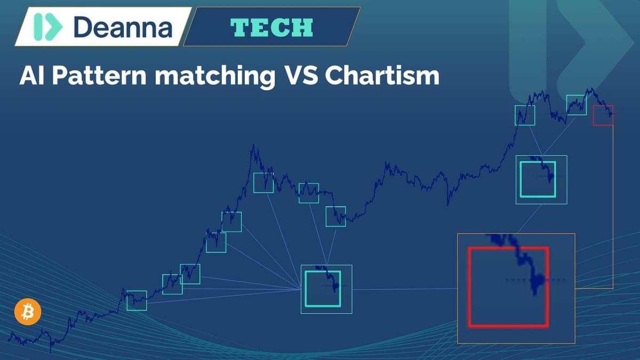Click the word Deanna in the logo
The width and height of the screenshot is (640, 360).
(123, 27)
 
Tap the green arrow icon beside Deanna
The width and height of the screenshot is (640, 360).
(48, 27)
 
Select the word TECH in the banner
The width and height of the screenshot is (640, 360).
(271, 27)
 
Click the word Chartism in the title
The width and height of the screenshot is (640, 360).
(382, 76)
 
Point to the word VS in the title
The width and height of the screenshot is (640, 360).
(302, 76)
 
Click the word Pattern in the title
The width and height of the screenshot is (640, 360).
(99, 76)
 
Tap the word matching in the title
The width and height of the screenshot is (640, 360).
(215, 77)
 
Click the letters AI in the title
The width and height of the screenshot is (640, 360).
(31, 76)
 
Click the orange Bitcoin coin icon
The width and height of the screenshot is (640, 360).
(28, 311)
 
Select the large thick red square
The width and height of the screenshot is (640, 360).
(469, 287)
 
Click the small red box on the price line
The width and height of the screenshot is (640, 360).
(594, 115)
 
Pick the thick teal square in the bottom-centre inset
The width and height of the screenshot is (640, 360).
(306, 289)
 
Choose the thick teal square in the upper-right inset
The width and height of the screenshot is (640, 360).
(521, 179)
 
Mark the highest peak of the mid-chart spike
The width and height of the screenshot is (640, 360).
(253, 145)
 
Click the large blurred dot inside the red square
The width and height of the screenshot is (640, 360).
(539, 279)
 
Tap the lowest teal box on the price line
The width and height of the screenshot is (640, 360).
(127, 301)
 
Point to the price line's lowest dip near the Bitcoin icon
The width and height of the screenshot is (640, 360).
(51, 352)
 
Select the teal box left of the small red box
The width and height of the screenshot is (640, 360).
(567, 105)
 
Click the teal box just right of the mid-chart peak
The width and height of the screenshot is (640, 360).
(254, 183)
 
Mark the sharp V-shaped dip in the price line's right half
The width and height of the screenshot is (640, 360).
(447, 205)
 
